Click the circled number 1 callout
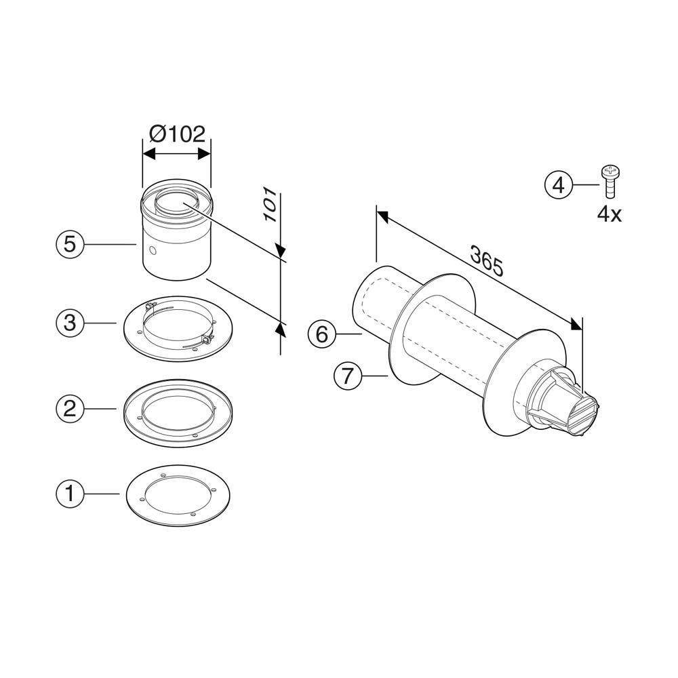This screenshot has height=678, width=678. pyautogui.click(x=70, y=494)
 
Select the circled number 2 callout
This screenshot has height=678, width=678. pyautogui.click(x=70, y=408)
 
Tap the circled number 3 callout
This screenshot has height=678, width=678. pyautogui.click(x=70, y=323)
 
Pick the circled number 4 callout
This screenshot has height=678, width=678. pyautogui.click(x=558, y=185)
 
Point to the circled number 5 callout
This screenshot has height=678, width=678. pyautogui.click(x=70, y=244)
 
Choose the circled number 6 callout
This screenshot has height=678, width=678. pyautogui.click(x=321, y=334)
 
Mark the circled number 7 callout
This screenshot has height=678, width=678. pyautogui.click(x=347, y=376)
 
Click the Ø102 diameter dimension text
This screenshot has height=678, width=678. pyautogui.click(x=177, y=134)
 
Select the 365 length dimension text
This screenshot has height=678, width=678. pyautogui.click(x=487, y=261)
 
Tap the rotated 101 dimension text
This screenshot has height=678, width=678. pyautogui.click(x=271, y=205)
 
